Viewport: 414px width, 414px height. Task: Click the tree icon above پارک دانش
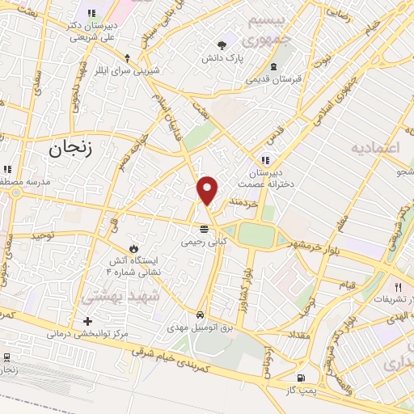[223, 45]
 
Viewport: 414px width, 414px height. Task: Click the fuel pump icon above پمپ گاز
[302, 378]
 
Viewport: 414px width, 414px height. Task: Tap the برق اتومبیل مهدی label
[200, 327]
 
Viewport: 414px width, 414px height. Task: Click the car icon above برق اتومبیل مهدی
[200, 315]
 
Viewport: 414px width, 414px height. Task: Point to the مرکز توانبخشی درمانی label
[87, 333]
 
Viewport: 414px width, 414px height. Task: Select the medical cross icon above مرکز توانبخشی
[87, 321]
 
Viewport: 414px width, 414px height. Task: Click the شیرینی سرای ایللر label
[126, 70]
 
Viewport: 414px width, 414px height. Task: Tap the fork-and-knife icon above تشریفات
[397, 287]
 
